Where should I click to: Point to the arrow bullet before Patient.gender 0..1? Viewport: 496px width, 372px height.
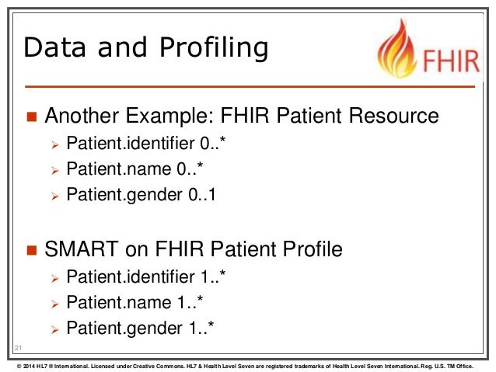[x=54, y=196]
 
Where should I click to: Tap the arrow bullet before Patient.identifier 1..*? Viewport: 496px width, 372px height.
[x=54, y=277]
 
